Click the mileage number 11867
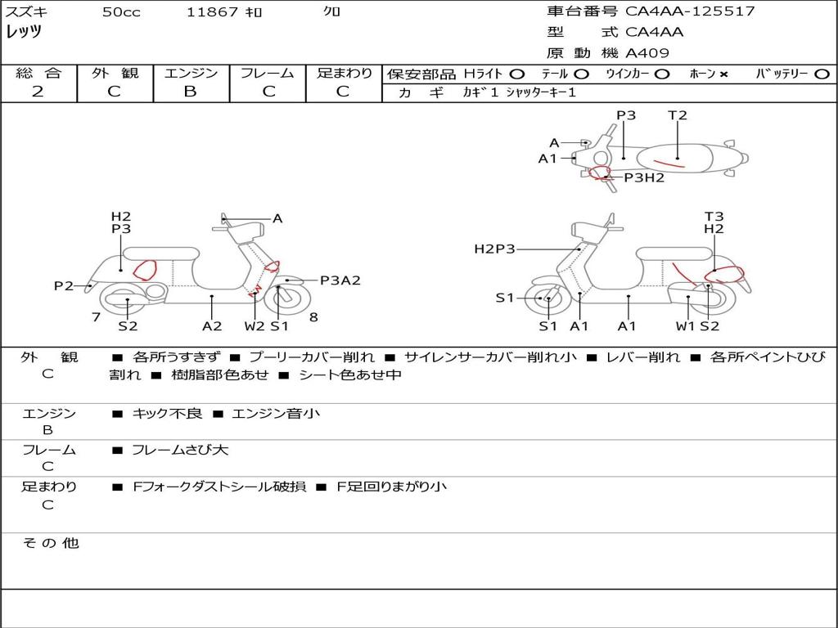click(x=212, y=12)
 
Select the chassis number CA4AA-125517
click(x=690, y=11)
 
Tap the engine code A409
click(x=647, y=53)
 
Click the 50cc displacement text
click(x=121, y=12)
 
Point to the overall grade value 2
click(x=38, y=92)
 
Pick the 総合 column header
click(x=38, y=73)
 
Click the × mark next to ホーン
click(x=723, y=74)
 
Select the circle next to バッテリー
click(x=821, y=74)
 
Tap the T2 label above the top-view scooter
click(x=677, y=115)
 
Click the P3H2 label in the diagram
click(x=644, y=177)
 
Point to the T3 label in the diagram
click(x=714, y=217)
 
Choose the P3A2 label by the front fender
click(x=340, y=280)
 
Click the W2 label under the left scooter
click(x=255, y=326)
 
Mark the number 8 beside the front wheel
click(x=313, y=317)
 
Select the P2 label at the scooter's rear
click(x=63, y=285)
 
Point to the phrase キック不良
click(x=167, y=414)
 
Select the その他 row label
click(x=51, y=543)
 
